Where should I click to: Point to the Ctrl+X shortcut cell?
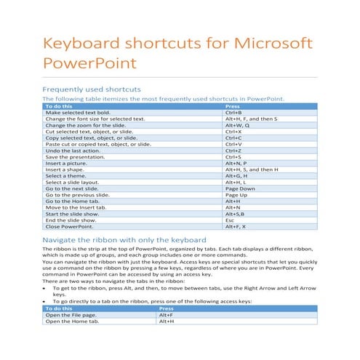[x=233, y=132]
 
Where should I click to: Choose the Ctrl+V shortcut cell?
[x=233, y=144]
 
